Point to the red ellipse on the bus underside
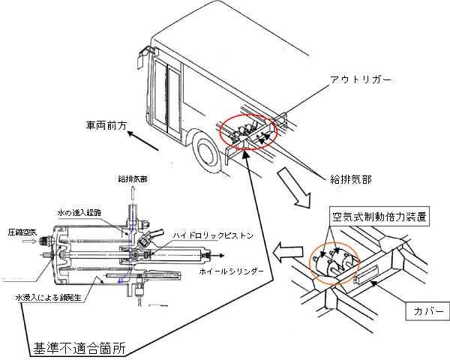coord(248,133)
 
